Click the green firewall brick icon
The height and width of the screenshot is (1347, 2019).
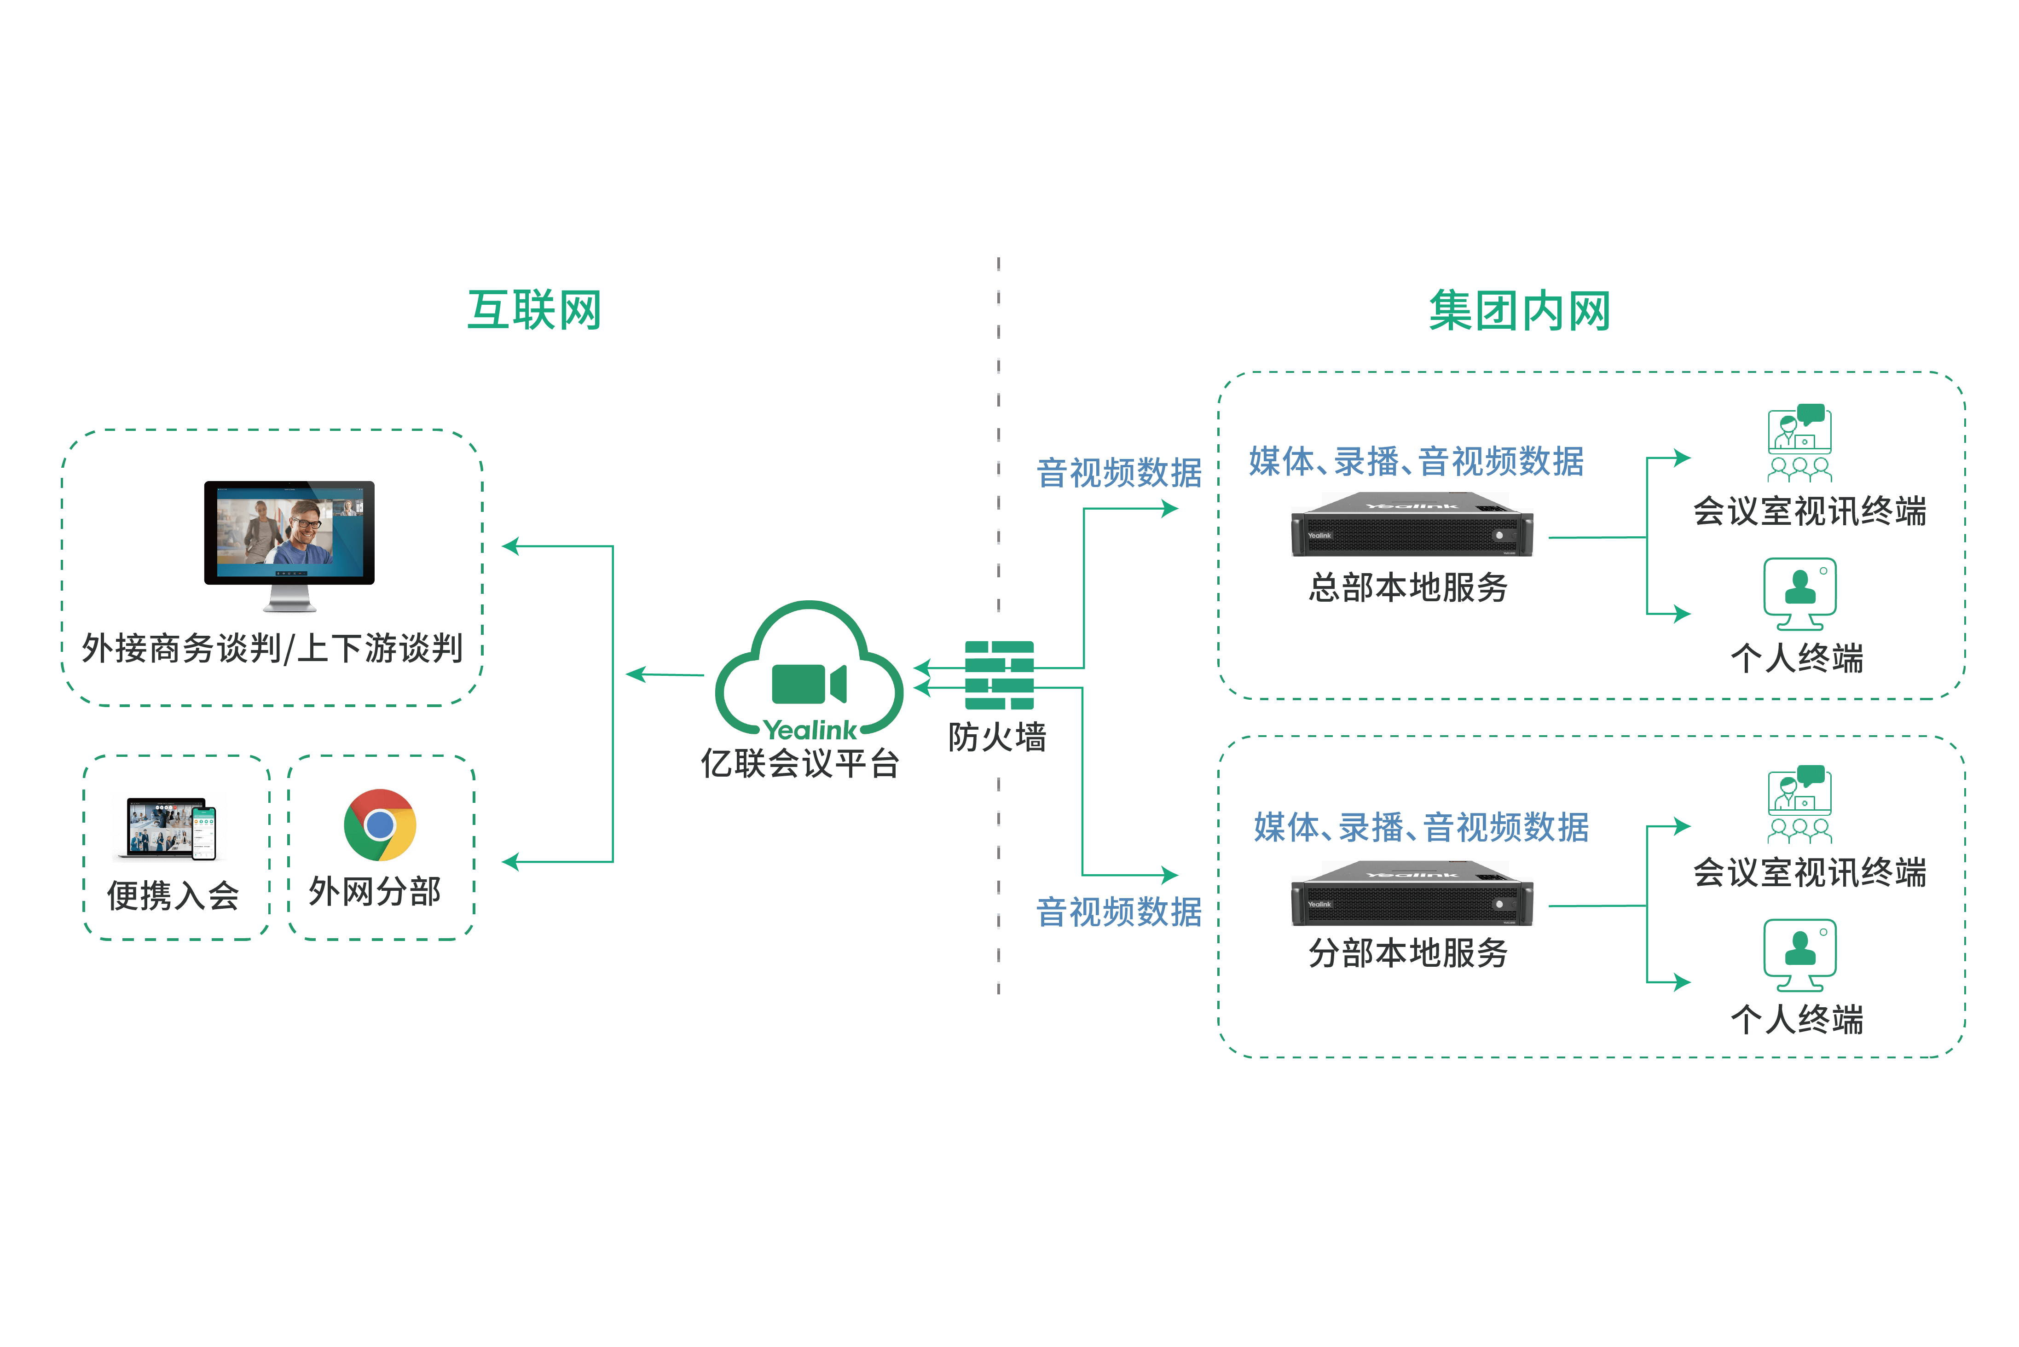click(999, 675)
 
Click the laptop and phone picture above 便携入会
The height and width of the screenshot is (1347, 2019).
click(170, 826)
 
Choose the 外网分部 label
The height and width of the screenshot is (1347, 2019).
click(375, 892)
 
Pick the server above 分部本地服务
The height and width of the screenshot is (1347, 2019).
click(1412, 894)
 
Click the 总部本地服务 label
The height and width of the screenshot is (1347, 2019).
click(1408, 587)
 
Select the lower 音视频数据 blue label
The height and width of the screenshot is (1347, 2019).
click(1119, 912)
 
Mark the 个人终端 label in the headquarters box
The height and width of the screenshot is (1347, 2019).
click(1798, 658)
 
